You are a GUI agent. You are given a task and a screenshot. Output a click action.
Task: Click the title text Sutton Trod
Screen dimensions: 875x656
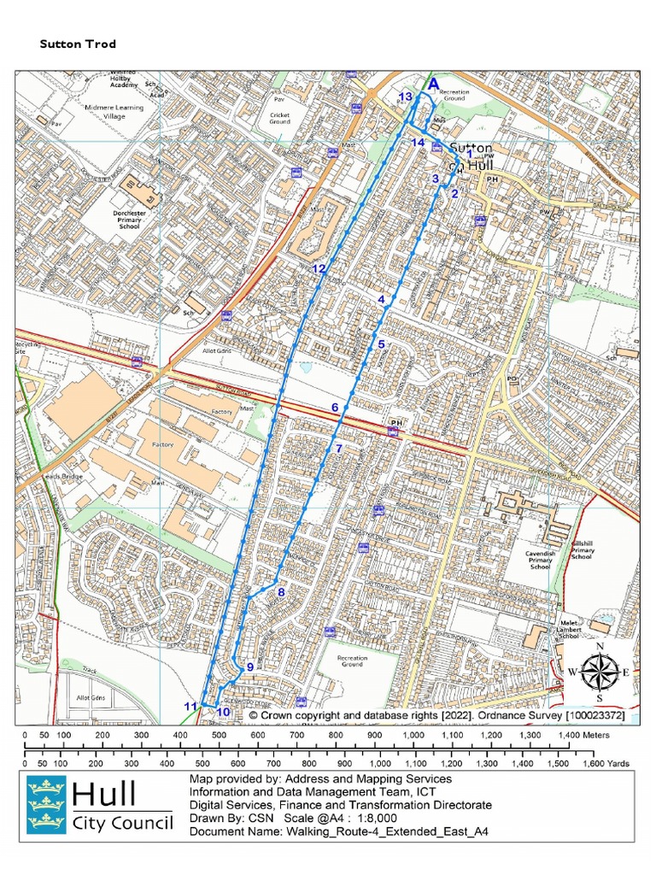tap(78, 44)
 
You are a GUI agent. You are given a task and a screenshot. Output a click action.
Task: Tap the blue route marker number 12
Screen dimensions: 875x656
tap(319, 268)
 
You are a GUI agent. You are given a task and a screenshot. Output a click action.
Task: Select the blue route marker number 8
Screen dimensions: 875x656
tap(280, 591)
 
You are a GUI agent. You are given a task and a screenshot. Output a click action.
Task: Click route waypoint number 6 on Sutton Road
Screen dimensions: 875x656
tap(335, 408)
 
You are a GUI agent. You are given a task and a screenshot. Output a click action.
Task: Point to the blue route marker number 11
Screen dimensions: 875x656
tap(191, 706)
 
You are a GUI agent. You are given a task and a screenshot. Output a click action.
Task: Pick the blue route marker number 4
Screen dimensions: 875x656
tap(382, 299)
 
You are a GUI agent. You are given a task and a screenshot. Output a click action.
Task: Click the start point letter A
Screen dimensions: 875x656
tap(433, 84)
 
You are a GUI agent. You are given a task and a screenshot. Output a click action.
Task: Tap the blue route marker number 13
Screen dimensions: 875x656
tap(406, 97)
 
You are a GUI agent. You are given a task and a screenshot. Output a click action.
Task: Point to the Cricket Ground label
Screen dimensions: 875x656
tap(280, 118)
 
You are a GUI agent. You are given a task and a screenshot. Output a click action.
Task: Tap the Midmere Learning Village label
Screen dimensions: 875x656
tap(94, 112)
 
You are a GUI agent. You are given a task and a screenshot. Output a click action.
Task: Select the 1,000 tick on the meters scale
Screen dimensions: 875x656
tap(413, 735)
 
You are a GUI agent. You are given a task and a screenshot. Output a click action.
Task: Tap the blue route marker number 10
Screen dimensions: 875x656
tap(223, 712)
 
